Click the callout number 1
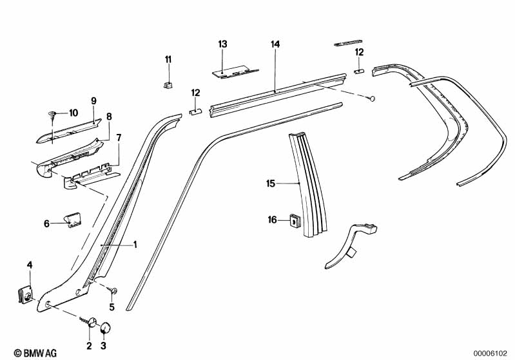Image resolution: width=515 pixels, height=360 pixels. pos(135,244)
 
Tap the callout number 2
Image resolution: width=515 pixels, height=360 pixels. pos(89,346)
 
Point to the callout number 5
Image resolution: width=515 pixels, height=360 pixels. pos(112,307)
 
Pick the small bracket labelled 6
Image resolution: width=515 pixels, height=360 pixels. pos(72,220)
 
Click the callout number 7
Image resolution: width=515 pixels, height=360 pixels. pos(118,137)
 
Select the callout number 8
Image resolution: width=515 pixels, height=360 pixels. pos(109,117)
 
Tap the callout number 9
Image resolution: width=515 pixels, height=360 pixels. pos(93,100)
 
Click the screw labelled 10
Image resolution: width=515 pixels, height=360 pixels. pos(51,115)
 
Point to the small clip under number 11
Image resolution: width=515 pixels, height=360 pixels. pos(168,84)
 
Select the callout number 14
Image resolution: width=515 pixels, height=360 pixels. pos(275,44)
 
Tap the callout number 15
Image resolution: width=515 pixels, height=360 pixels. pos(271,184)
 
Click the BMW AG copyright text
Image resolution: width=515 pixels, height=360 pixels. pos(24,352)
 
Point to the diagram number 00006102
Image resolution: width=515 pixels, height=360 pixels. pos(492,352)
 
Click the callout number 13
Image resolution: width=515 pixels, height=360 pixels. pos(222,44)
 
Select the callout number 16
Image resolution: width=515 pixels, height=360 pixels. pos(273,220)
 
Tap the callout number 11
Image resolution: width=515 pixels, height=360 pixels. pos(168,59)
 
